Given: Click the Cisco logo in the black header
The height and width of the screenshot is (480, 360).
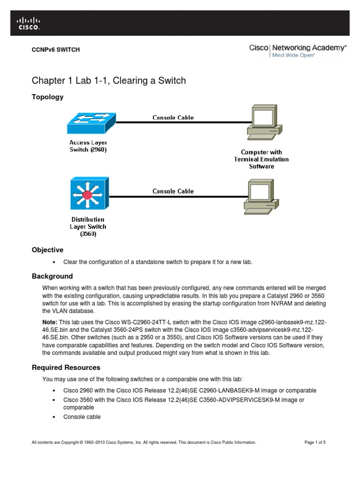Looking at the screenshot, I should [29, 23].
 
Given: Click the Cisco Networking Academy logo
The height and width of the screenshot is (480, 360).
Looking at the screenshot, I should [298, 50].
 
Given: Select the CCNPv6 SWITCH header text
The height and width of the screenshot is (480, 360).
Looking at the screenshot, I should [55, 50].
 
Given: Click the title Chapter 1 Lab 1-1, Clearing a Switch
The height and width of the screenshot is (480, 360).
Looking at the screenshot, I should [108, 81].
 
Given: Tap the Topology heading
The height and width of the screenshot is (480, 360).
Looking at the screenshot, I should [47, 97].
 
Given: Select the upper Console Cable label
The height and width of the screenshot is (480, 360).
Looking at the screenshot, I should [173, 118].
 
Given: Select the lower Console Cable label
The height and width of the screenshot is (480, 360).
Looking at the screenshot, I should [173, 191].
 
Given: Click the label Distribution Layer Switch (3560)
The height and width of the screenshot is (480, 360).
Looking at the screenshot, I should [88, 226].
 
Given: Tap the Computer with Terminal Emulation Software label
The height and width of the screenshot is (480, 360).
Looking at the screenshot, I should [261, 159].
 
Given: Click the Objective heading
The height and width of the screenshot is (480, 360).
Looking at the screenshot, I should [47, 250].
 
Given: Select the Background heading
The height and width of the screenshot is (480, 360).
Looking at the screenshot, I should [52, 276].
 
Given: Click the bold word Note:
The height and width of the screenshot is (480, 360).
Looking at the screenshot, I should [50, 322].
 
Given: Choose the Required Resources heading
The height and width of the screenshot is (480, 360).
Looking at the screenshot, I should [66, 367].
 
